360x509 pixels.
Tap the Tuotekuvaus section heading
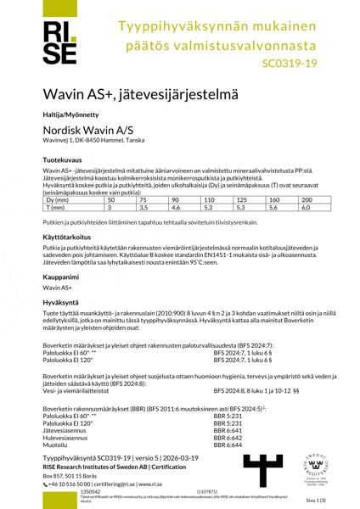coord(61,159)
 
